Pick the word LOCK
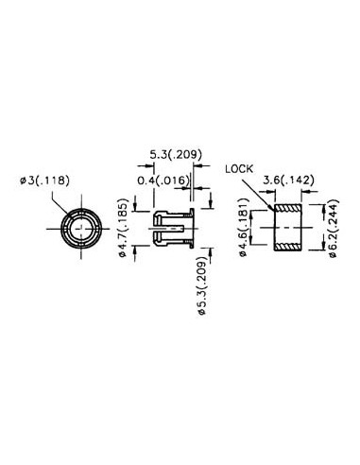[241, 170]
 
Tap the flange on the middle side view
[194, 227]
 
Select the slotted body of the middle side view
[170, 227]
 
